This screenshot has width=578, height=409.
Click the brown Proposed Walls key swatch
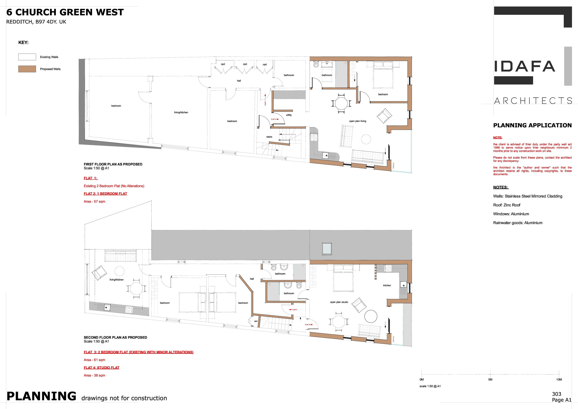[27, 69]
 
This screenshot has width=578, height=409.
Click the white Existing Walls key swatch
[27, 57]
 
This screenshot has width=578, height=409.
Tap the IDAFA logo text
[525, 66]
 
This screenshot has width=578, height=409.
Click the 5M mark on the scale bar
[490, 373]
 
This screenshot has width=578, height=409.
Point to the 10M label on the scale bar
[559, 379]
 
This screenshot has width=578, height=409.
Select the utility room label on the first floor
[289, 115]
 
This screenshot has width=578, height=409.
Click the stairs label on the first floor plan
[269, 137]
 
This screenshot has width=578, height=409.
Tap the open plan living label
[357, 121]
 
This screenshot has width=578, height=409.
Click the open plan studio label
[339, 302]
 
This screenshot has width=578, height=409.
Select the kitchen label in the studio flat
[387, 285]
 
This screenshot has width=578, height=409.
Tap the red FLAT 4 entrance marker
[293, 310]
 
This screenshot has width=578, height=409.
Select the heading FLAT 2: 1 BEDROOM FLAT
[105, 194]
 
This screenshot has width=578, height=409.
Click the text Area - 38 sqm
[94, 375]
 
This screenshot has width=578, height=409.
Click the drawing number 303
[557, 394]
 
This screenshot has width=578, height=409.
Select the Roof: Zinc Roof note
[507, 205]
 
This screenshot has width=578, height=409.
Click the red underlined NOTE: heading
[497, 138]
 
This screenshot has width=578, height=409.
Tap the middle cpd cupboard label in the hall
[245, 64]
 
